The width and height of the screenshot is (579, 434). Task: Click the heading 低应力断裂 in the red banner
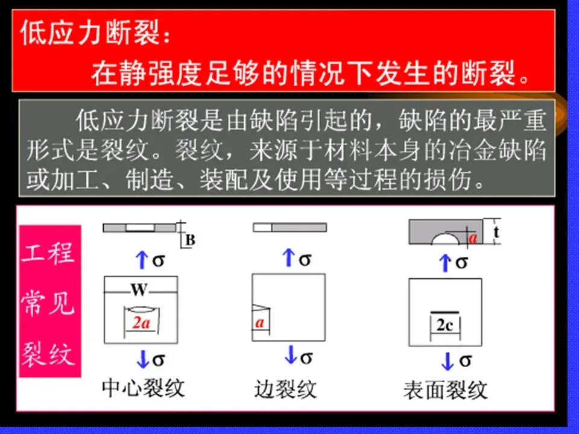click(90, 35)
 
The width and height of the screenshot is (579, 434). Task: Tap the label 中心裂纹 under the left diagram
click(143, 388)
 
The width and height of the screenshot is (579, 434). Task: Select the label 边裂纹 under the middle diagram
click(285, 389)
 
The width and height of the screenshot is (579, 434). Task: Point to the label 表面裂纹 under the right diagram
click(445, 390)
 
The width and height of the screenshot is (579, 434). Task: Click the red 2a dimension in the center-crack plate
click(141, 322)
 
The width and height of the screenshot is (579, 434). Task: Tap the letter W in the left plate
click(139, 291)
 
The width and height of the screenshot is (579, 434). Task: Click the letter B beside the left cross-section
click(190, 241)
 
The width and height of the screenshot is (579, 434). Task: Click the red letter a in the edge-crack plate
click(260, 322)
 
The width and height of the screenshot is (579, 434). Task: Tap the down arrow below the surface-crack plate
click(447, 361)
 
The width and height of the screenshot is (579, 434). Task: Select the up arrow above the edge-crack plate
click(289, 258)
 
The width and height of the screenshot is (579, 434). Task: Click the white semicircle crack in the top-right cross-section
click(448, 239)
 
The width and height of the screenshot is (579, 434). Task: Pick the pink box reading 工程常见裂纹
click(50, 301)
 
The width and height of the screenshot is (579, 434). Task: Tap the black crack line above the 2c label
click(445, 311)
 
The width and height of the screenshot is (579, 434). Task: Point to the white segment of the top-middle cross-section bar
click(262, 227)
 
